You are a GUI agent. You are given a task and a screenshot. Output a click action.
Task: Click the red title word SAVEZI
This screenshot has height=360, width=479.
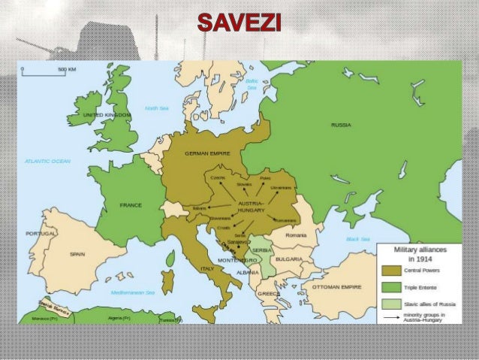tap(239, 23)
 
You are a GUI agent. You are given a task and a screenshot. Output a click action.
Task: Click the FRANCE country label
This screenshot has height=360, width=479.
tap(131, 204)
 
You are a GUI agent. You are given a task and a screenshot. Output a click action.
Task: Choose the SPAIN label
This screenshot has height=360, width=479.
tap(77, 254)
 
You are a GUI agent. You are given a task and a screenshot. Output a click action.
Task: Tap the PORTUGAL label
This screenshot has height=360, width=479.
tap(35, 233)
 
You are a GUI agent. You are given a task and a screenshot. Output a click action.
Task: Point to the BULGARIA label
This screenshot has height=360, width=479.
tap(288, 259)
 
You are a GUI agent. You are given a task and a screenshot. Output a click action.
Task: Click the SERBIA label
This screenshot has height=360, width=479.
tap(261, 250)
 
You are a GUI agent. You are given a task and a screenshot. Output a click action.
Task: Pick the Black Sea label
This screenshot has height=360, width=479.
tap(358, 239)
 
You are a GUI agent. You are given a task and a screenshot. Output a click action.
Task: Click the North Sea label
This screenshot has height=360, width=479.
tap(157, 108)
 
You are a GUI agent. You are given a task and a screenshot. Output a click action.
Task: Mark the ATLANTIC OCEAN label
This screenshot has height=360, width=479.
tap(47, 161)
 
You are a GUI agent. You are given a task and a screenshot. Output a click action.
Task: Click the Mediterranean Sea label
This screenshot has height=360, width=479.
tap(132, 292)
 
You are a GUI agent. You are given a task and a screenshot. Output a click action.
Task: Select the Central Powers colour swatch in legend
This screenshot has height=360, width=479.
tap(390, 270)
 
